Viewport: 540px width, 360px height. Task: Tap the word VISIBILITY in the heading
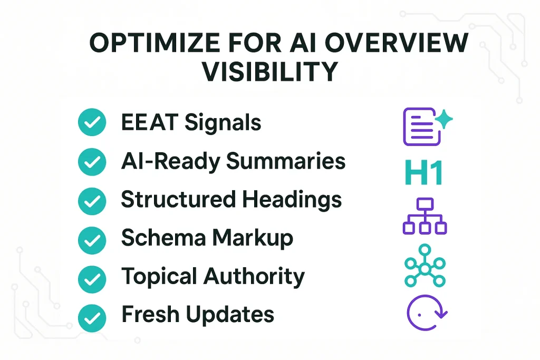coord(269,72)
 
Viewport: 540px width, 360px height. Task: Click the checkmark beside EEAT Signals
coord(92,123)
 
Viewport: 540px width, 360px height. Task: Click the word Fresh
coord(149,315)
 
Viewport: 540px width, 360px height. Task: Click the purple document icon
coord(420,127)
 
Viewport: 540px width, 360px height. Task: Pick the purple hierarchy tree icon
coord(425,216)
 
